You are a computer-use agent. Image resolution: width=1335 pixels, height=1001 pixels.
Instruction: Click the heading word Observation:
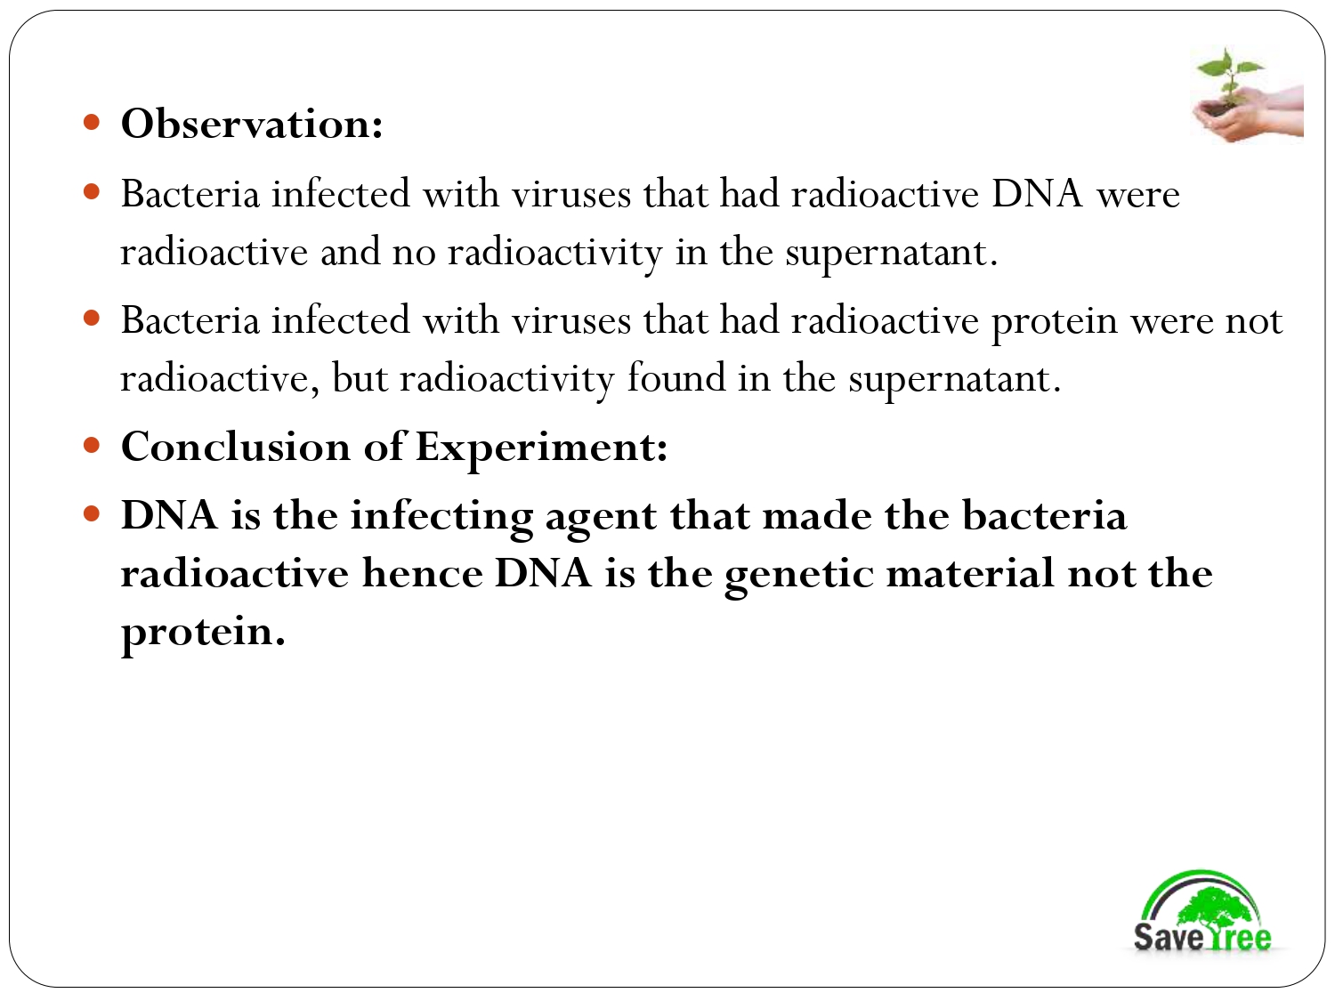(252, 124)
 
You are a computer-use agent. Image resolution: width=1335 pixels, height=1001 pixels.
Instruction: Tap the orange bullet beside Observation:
(91, 121)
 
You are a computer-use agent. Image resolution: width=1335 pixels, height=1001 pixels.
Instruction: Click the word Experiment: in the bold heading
(541, 447)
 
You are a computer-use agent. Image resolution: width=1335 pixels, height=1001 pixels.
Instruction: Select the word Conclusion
(235, 447)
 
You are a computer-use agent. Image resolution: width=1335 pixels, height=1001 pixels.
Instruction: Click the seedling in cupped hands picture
(1247, 95)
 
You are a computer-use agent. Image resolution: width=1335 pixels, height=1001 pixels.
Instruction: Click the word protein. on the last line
(203, 632)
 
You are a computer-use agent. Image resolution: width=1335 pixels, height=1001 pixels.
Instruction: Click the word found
(676, 378)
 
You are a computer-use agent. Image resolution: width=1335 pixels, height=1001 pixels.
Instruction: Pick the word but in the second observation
(359, 378)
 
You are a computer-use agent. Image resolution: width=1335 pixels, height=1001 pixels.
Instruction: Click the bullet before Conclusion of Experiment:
(91, 444)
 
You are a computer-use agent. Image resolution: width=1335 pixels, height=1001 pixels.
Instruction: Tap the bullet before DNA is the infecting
(91, 513)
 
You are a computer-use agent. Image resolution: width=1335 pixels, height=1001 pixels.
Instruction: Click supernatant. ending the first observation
(891, 253)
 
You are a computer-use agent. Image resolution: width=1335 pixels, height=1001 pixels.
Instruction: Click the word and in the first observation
(350, 252)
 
